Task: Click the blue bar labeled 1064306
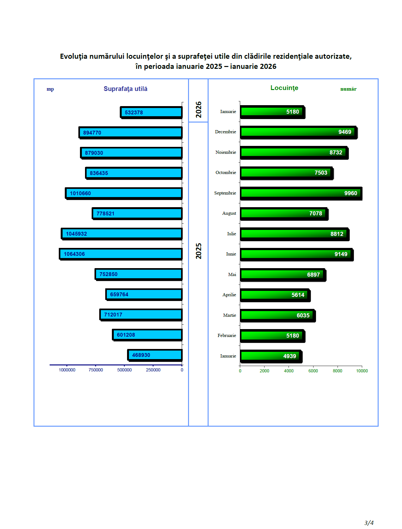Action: [x=121, y=254]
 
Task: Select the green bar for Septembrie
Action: [x=301, y=193]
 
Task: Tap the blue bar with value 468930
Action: [x=155, y=355]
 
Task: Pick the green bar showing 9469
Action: [x=298, y=132]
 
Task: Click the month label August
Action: [x=229, y=213]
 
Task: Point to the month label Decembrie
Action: [x=225, y=132]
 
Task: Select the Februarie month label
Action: [x=227, y=336]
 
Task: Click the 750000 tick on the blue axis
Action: [x=96, y=370]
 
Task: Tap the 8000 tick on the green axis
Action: [x=338, y=371]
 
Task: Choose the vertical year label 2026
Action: [x=198, y=110]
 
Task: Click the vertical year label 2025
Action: [x=198, y=251]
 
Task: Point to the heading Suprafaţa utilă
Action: [x=125, y=89]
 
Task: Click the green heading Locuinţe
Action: [x=284, y=88]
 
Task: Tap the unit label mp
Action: [x=50, y=89]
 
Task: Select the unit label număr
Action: [x=348, y=89]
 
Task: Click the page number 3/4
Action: [x=369, y=523]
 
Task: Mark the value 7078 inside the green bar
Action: [x=315, y=213]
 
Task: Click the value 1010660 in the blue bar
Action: [x=80, y=193]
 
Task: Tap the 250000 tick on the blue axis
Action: [x=153, y=370]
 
